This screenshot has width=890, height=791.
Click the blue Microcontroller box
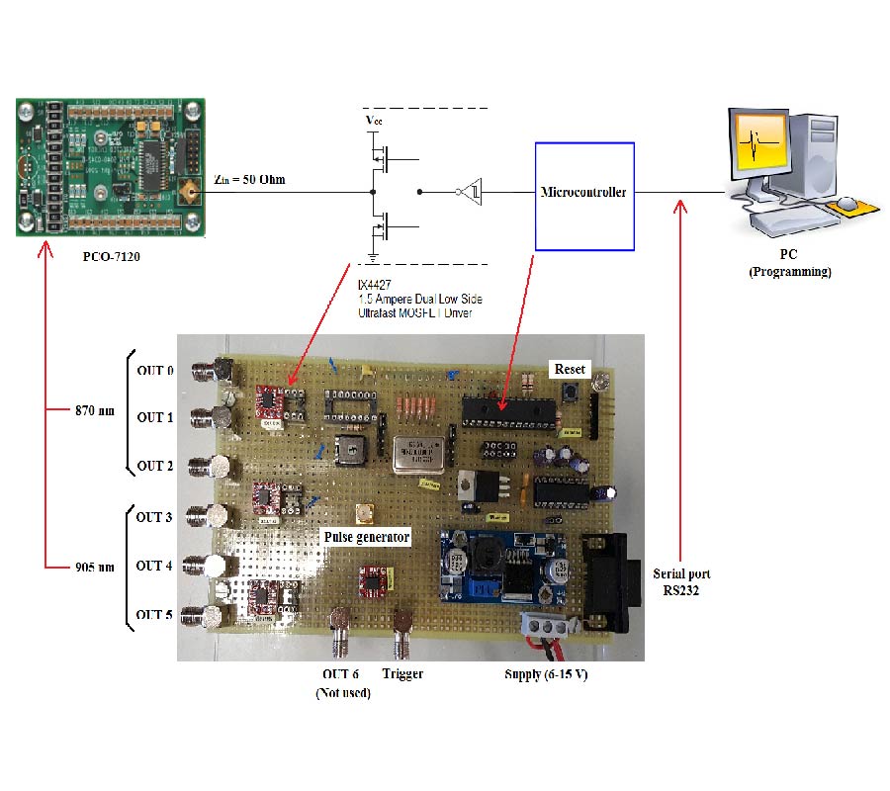click(583, 195)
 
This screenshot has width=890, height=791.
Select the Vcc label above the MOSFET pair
click(372, 121)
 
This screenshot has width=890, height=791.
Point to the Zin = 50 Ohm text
click(256, 181)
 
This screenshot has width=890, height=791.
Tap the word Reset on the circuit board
click(569, 368)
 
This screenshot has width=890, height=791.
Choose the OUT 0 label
click(155, 371)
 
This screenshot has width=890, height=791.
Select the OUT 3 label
click(154, 517)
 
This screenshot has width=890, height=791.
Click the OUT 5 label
click(154, 614)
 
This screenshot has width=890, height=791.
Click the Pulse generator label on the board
click(367, 536)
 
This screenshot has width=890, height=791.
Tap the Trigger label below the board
click(401, 673)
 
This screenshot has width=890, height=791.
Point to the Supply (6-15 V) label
click(538, 673)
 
